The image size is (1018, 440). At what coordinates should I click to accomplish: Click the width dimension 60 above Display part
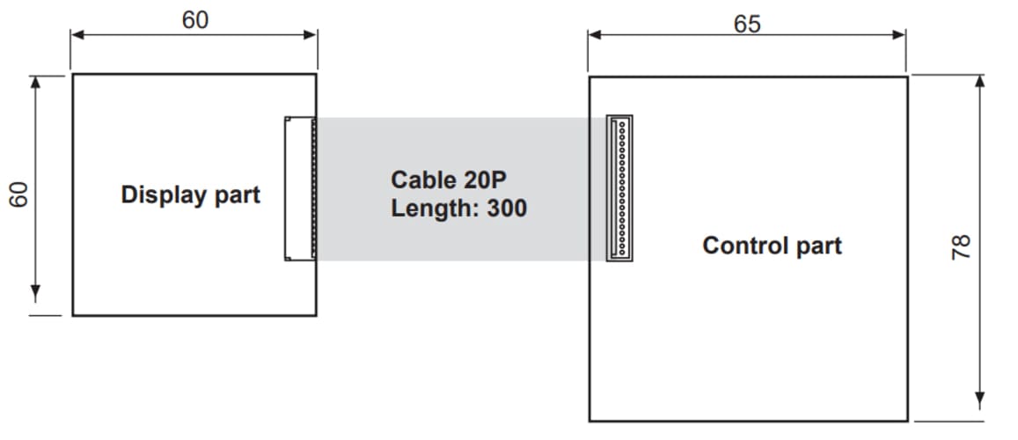195,19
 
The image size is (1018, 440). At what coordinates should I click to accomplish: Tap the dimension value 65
747,23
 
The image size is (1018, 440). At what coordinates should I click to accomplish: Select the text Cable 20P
449,180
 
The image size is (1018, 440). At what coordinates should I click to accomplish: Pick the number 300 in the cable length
506,209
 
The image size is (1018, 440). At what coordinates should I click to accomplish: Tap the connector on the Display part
300,188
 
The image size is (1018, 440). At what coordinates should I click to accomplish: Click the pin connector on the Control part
619,188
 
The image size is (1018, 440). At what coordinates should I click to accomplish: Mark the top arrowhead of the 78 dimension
980,82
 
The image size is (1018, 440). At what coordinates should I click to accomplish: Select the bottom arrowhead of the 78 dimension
980,403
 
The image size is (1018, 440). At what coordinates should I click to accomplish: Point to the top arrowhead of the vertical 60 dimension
36,82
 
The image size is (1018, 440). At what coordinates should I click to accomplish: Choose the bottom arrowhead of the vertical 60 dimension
36,293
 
